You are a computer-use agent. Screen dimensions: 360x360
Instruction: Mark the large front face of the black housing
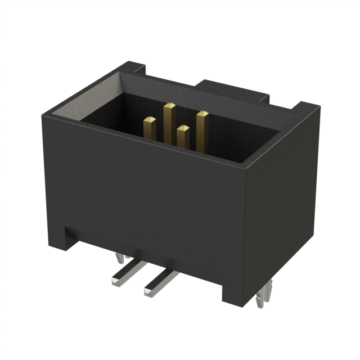[141, 186]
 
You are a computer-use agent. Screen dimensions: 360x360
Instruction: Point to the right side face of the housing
[281, 208]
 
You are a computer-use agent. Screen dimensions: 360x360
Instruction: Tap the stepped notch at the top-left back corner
[135, 70]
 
